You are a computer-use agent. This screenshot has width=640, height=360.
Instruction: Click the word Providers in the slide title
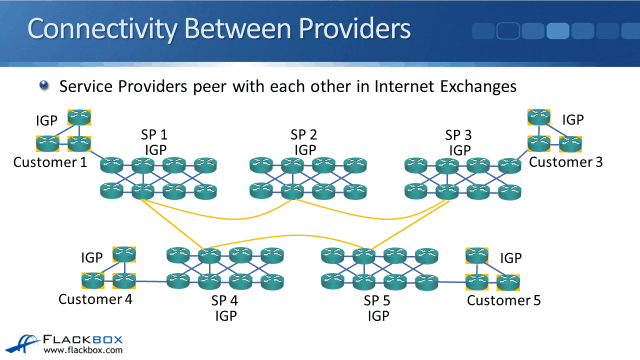tap(354, 29)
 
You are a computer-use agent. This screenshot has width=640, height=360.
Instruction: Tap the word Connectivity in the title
tap(102, 29)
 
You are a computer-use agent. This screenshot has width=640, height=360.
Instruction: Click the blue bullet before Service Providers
tap(44, 85)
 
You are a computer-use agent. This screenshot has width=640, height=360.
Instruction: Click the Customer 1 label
tap(50, 162)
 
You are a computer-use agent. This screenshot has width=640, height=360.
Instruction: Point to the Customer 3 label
tap(566, 162)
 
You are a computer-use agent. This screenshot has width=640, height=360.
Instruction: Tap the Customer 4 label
tap(95, 299)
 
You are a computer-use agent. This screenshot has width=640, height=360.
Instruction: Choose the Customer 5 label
tap(504, 300)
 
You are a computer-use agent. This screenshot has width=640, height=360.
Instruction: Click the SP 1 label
tap(154, 134)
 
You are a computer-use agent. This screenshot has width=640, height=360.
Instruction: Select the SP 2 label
tap(304, 134)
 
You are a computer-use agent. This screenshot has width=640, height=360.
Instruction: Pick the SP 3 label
tap(458, 135)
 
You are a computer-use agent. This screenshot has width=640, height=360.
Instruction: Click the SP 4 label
tap(224, 300)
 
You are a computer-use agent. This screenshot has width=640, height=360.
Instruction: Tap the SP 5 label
tap(377, 300)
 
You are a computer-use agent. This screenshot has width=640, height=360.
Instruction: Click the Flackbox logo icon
tap(22, 344)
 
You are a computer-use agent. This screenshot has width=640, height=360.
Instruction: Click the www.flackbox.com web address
tap(83, 350)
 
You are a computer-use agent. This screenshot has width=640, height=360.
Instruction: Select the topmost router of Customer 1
tap(79, 118)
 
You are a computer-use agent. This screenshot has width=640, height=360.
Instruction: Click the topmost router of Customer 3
tap(539, 117)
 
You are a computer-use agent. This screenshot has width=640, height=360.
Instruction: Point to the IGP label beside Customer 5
tap(511, 258)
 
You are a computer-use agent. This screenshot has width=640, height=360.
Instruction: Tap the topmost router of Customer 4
tap(124, 254)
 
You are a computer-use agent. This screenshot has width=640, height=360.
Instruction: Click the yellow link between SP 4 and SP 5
tap(286, 236)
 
